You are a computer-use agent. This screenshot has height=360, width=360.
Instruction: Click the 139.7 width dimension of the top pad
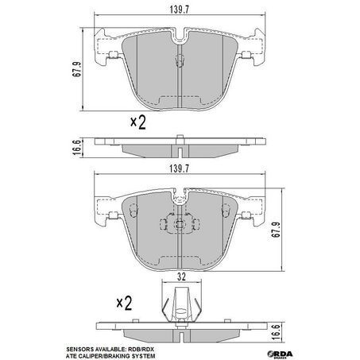tap(180, 10)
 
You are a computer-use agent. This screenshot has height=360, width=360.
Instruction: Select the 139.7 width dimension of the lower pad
tap(180, 168)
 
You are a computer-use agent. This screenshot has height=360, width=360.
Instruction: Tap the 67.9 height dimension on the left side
tap(77, 69)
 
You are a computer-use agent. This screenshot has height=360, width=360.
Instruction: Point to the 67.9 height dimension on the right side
tap(277, 230)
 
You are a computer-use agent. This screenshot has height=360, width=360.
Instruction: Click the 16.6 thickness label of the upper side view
tap(76, 148)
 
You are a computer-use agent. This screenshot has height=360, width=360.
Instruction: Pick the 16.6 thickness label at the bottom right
tap(277, 333)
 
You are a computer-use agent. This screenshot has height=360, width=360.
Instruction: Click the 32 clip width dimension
tap(181, 277)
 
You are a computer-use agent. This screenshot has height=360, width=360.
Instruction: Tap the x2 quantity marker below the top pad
tap(138, 122)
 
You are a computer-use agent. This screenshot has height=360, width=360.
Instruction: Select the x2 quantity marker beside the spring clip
tap(124, 303)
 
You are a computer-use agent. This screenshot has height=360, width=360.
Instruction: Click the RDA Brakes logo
tap(281, 354)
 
